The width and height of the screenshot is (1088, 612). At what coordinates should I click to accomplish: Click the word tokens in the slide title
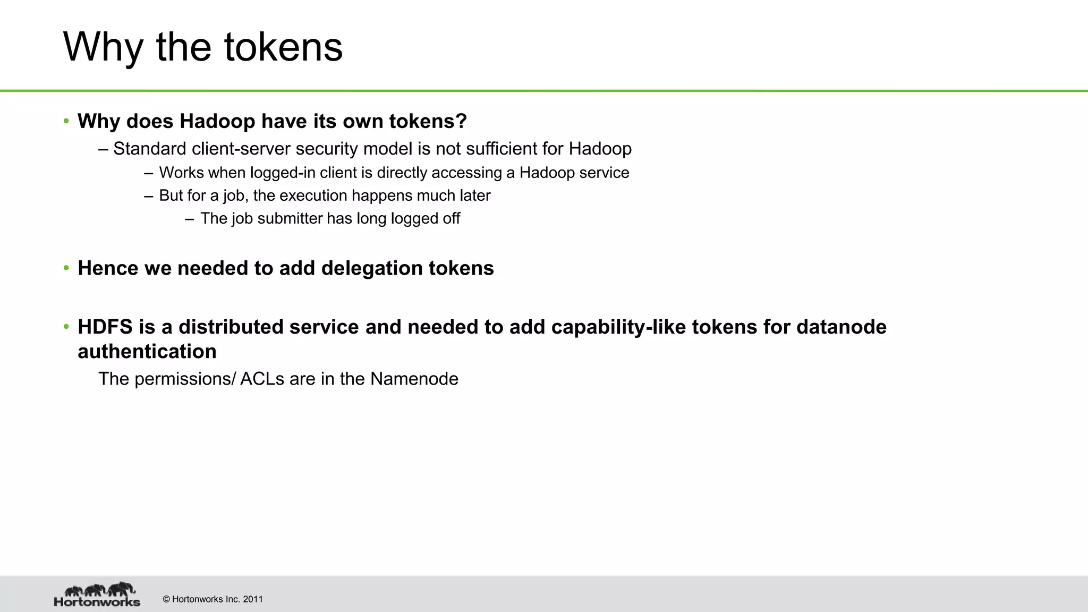(283, 48)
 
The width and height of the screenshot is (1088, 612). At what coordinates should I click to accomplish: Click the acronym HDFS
(105, 327)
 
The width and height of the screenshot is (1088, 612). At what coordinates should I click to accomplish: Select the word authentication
(147, 352)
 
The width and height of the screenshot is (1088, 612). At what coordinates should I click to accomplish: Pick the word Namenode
(414, 379)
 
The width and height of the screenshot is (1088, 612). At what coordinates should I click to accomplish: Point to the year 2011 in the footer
(253, 599)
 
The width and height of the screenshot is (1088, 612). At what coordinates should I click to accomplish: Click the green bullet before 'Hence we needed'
(66, 268)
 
